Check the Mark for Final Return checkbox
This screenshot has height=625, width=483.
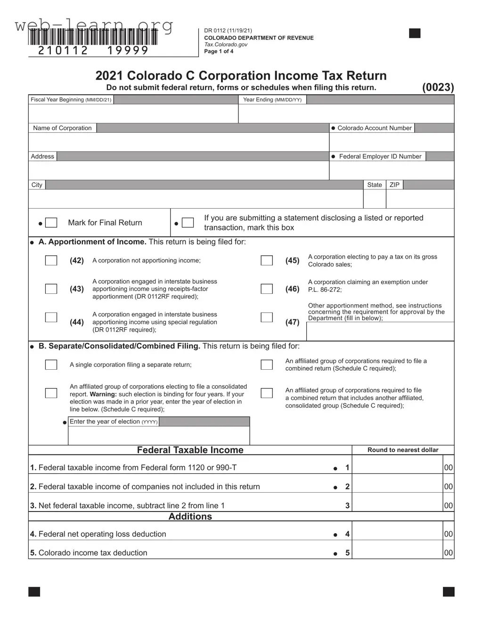tap(51, 223)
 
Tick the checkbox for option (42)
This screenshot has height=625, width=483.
tap(51, 260)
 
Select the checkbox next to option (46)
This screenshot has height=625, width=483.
tap(267, 289)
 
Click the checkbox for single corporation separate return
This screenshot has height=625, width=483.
tap(51, 365)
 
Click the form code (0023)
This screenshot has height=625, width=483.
tap(438, 87)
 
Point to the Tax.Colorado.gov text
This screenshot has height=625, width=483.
tap(226, 45)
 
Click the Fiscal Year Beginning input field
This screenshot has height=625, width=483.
tap(133, 114)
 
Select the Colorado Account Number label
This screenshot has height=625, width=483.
tap(374, 128)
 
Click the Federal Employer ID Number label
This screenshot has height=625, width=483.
tap(380, 156)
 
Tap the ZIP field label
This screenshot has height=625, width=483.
tap(394, 185)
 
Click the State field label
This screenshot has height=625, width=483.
tap(375, 185)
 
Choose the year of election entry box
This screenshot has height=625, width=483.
tap(158, 436)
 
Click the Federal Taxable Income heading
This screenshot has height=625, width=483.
tap(190, 450)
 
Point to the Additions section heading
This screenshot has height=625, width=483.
tap(190, 517)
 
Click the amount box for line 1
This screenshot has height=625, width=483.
tap(397, 467)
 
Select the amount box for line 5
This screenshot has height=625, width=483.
tap(397, 552)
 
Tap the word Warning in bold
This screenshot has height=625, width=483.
tap(103, 394)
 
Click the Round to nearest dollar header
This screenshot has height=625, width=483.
tap(403, 450)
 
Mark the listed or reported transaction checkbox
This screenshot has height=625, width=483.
tap(188, 223)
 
